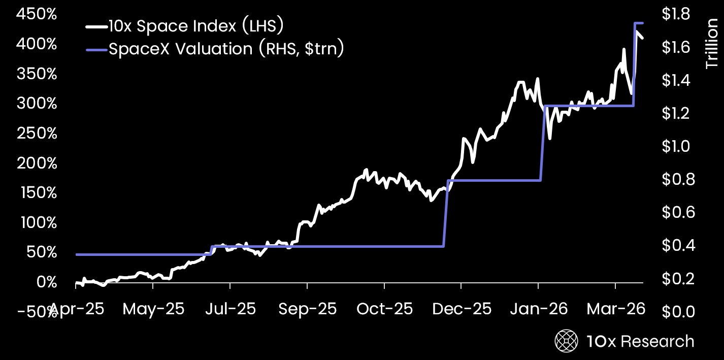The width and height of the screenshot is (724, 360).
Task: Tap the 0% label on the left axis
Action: (x=47, y=282)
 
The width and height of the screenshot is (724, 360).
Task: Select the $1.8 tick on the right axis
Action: (x=676, y=14)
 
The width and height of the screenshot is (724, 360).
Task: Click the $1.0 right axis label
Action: (x=676, y=146)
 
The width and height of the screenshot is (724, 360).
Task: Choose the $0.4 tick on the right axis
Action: (x=678, y=245)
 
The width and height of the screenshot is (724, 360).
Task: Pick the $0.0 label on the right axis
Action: (x=678, y=312)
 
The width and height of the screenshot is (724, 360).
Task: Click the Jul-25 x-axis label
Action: (x=231, y=309)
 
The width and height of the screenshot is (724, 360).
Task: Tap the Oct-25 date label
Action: (x=385, y=309)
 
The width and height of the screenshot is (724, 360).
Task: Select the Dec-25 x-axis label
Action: (x=462, y=309)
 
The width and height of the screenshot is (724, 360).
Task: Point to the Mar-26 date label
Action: (x=616, y=309)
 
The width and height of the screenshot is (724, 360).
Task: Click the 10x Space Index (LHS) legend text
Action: (x=196, y=26)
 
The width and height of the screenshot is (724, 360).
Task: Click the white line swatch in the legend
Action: (x=96, y=27)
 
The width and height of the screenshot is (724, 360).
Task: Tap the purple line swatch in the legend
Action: (x=96, y=50)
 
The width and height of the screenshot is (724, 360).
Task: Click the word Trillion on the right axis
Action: (x=711, y=44)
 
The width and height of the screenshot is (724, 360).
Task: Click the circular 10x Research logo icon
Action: (x=566, y=341)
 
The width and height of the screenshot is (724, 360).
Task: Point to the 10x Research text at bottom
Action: (x=640, y=341)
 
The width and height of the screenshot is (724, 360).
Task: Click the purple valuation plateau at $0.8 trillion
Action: (x=495, y=180)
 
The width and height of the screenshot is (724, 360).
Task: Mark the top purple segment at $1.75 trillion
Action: (x=639, y=23)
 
